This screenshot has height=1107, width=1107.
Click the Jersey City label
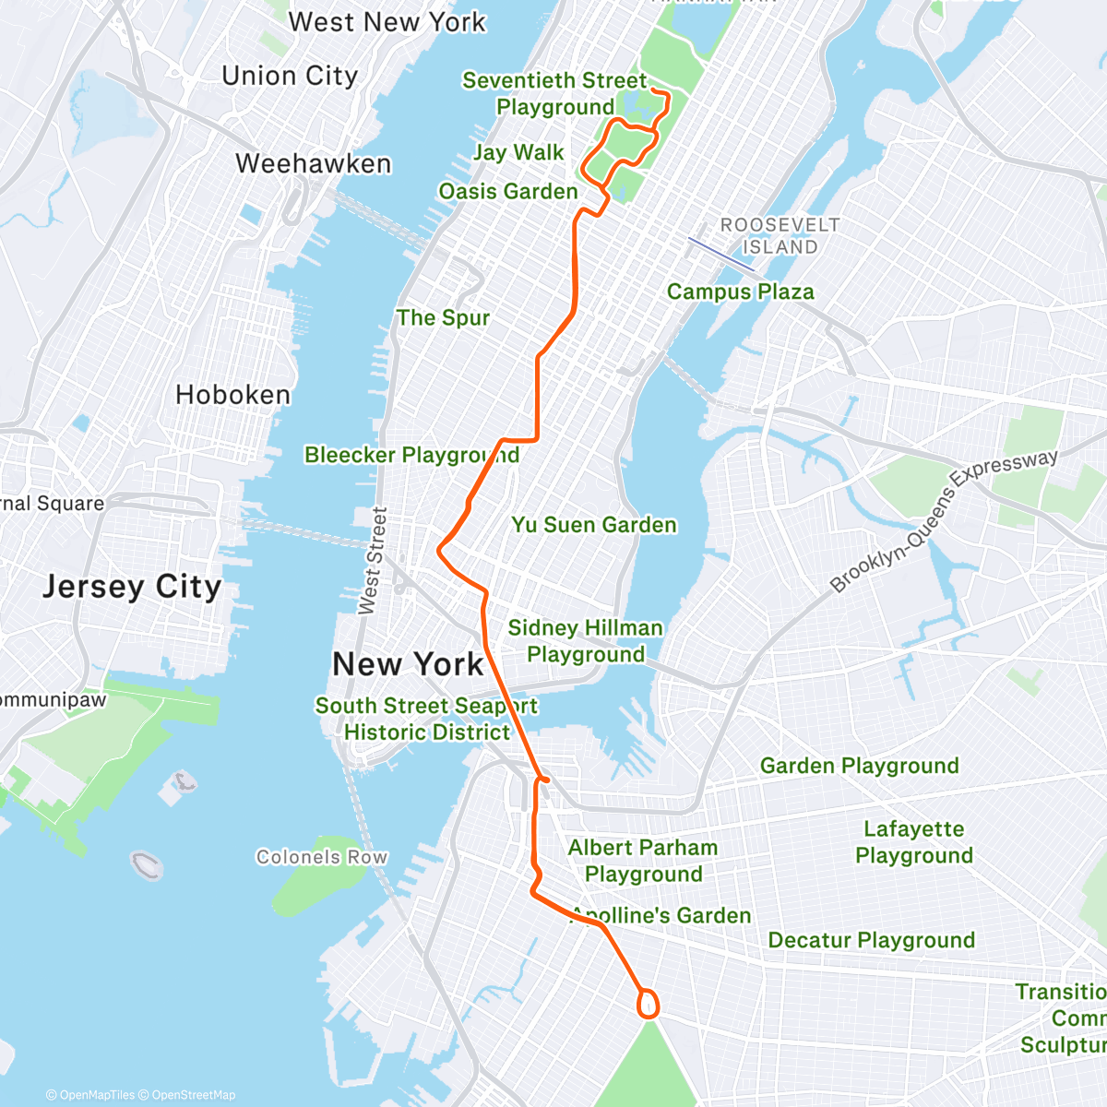click(132, 587)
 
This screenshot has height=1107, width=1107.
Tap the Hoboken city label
click(232, 395)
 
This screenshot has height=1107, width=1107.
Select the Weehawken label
click(314, 163)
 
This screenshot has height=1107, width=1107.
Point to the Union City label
click(290, 76)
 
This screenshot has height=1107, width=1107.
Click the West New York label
click(387, 21)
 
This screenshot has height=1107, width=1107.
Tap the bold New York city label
click(408, 664)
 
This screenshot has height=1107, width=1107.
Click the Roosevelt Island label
click(780, 236)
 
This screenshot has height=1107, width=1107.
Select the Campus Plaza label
click(741, 292)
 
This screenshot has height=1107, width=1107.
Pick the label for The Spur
click(443, 318)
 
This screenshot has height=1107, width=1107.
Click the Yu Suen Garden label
click(594, 525)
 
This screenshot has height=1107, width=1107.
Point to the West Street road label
click(372, 561)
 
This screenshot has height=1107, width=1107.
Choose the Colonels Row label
click(322, 857)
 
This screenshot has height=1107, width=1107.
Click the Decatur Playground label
click(871, 940)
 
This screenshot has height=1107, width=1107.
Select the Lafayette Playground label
click(913, 842)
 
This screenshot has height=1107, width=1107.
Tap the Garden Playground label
click(859, 766)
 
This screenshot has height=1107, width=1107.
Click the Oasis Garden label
click(508, 192)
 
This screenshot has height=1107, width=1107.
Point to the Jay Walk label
click(518, 152)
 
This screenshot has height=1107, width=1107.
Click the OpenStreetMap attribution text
click(193, 1095)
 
